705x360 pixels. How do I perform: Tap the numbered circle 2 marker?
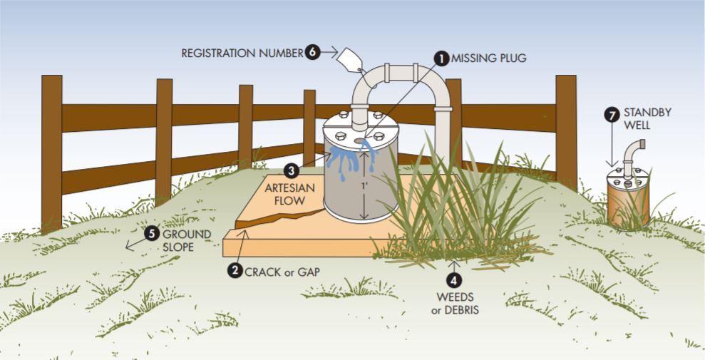(234, 270)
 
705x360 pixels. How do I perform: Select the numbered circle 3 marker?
(291, 171)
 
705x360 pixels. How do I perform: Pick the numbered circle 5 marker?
(151, 233)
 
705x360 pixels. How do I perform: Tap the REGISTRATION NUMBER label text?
(242, 53)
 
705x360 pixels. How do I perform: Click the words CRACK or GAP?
(282, 271)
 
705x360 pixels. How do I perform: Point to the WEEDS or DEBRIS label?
(454, 303)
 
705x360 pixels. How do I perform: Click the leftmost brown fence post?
(51, 153)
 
